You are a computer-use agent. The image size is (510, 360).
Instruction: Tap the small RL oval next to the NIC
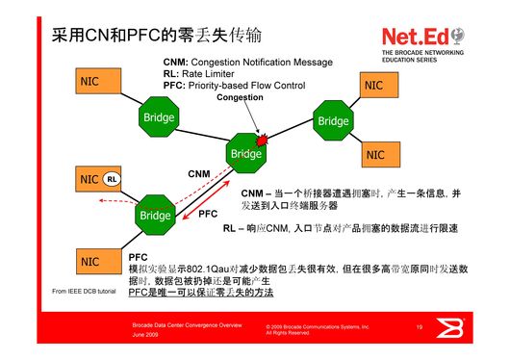coord(113,179)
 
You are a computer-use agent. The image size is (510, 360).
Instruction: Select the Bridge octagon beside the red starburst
coord(245,153)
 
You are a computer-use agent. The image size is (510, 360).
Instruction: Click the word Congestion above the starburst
coord(239,98)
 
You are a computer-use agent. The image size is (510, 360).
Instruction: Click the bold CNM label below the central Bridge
coord(198,174)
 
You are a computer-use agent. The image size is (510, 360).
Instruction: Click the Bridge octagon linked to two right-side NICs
coord(333,121)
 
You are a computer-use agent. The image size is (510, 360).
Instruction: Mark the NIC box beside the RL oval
coord(89,179)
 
